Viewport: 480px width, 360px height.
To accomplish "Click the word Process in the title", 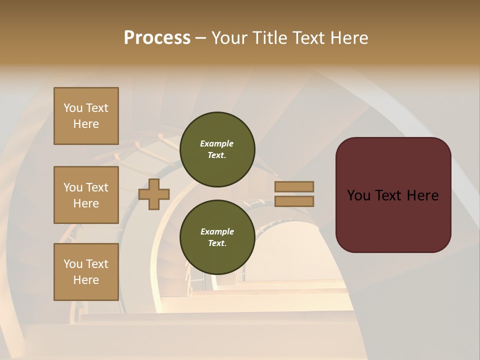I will pyautogui.click(x=157, y=38).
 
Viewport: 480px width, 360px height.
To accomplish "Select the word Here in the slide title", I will pyautogui.click(x=348, y=38).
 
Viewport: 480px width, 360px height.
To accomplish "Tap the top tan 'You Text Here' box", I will pyautogui.click(x=86, y=116).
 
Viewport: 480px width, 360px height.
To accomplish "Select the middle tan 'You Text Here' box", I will pyautogui.click(x=86, y=195).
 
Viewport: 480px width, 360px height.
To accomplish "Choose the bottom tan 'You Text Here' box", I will pyautogui.click(x=86, y=272).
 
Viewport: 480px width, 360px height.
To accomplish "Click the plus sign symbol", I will pyautogui.click(x=154, y=194).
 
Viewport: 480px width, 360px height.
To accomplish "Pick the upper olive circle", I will pyautogui.click(x=217, y=149).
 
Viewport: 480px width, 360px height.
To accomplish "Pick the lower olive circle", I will pyautogui.click(x=217, y=237).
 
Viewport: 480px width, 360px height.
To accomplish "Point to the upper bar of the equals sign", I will pyautogui.click(x=294, y=186).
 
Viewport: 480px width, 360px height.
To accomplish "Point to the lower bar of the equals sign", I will pyautogui.click(x=294, y=201).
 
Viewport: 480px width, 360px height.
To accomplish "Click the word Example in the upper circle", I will pyautogui.click(x=217, y=143).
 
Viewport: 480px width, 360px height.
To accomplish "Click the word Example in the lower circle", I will pyautogui.click(x=217, y=231).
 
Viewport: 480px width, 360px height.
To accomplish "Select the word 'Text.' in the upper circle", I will pyautogui.click(x=217, y=155).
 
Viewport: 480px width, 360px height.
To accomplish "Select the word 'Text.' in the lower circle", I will pyautogui.click(x=217, y=243).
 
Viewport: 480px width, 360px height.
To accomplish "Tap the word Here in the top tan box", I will pyautogui.click(x=86, y=124).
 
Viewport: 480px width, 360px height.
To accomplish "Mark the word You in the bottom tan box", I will pyautogui.click(x=72, y=264).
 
